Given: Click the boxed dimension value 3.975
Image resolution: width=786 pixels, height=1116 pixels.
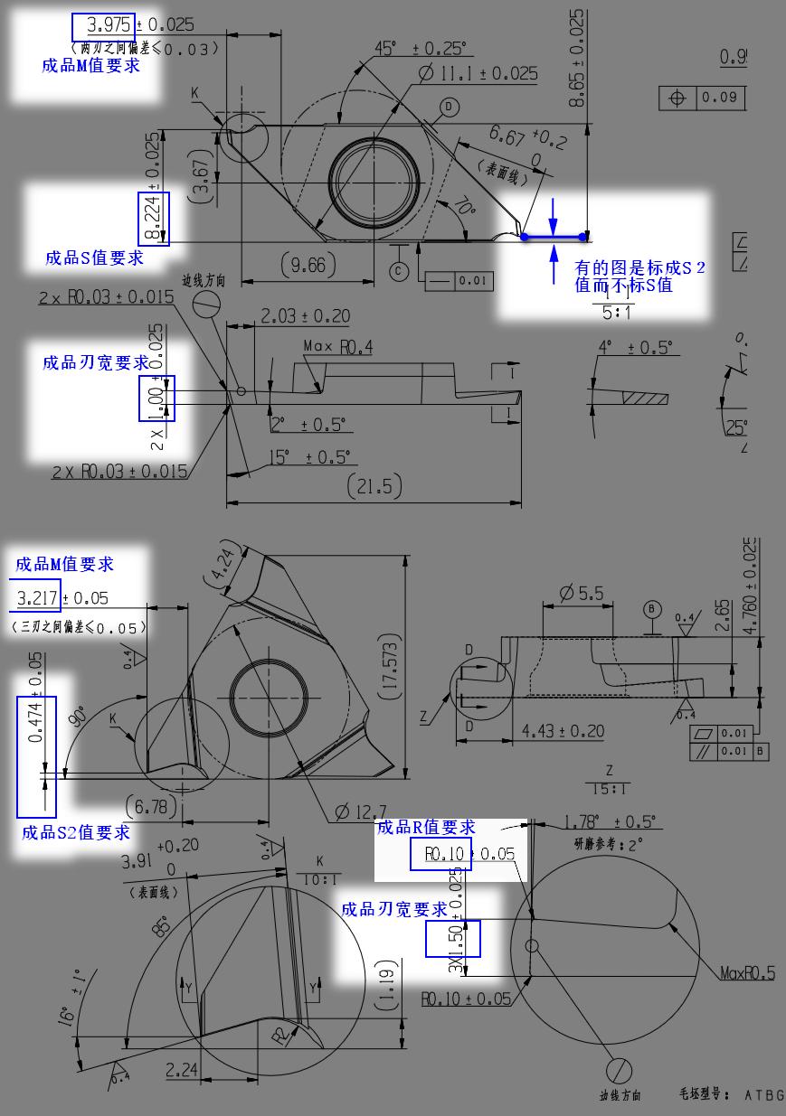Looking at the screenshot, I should (x=103, y=25).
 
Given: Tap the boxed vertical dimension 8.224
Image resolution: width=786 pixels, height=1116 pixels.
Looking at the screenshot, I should (x=153, y=219).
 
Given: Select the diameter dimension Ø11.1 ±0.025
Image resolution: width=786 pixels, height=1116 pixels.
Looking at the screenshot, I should (x=478, y=74).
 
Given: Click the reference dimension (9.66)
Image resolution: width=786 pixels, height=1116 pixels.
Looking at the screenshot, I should (x=307, y=265).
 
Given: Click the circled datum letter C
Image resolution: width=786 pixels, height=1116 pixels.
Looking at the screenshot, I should (x=399, y=270).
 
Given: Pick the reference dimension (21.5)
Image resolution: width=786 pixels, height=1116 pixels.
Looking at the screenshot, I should (x=374, y=486).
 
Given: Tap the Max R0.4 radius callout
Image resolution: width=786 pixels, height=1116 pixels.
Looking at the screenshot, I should (x=338, y=346).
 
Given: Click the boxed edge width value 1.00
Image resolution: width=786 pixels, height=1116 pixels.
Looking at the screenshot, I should (x=156, y=399).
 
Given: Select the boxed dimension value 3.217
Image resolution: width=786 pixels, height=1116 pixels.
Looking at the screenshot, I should (x=38, y=597).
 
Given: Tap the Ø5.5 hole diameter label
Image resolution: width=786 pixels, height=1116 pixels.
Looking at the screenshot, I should (x=581, y=593).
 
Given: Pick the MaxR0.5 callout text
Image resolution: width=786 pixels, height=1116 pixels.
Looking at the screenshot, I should (x=747, y=973).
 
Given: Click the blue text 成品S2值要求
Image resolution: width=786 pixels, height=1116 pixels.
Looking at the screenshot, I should (x=76, y=832).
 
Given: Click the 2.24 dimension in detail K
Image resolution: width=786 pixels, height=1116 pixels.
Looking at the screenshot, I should (x=182, y=1069).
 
